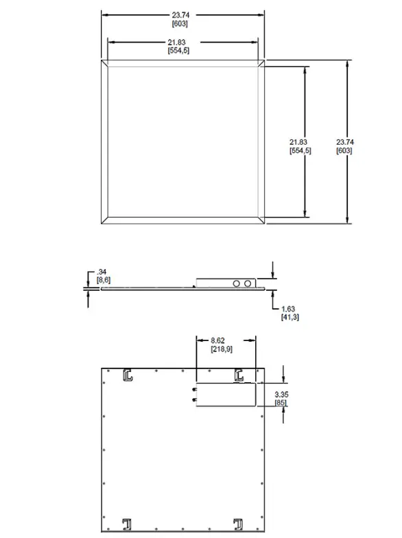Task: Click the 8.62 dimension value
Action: pos(217,340)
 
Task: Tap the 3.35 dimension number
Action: pos(281,394)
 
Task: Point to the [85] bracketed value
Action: pos(281,402)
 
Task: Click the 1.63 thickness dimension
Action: pos(288,309)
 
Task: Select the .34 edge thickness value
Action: pos(103,272)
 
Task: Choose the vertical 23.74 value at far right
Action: pos(344,142)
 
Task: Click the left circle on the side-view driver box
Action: pos(237,283)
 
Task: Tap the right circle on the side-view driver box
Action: pos(248,283)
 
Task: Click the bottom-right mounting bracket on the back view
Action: pos(238,524)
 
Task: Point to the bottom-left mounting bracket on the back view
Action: pos(127,524)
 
